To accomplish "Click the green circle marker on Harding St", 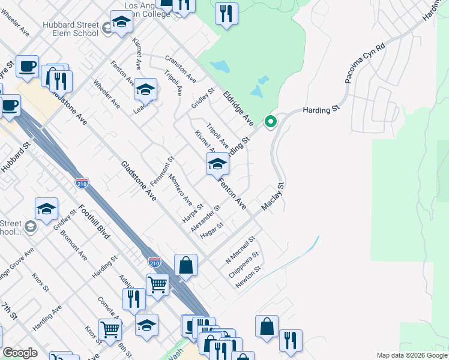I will [271, 122].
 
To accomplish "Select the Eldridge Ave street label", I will [239, 109].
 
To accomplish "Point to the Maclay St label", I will [273, 197].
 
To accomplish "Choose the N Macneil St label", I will [241, 250].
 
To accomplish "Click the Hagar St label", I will [212, 230].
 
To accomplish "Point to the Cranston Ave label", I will [181, 70].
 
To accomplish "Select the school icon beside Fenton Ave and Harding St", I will [217, 164].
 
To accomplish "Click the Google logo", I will [20, 353].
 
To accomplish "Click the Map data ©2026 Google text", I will [412, 355].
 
